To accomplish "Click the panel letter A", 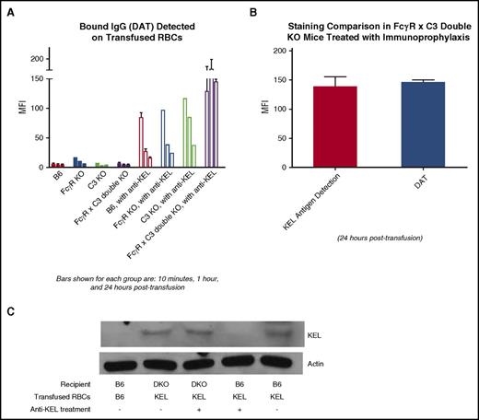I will (9, 11).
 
